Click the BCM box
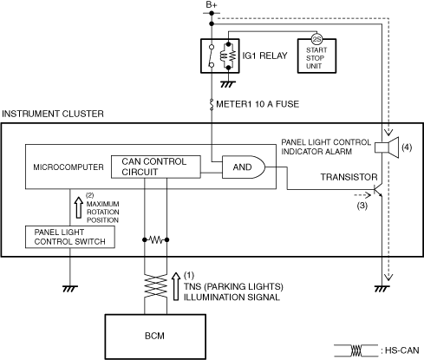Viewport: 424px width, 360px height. pos(155,337)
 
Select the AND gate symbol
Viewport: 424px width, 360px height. pos(244,167)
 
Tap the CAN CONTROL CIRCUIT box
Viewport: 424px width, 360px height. pos(156,167)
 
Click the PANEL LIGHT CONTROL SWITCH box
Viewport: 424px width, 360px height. pos(70,237)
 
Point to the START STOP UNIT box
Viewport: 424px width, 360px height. pos(316,56)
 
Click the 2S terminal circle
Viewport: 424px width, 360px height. pos(316,40)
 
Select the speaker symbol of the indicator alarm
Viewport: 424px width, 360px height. pos(387,147)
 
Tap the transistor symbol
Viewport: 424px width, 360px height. pos(378,190)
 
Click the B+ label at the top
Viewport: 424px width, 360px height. pos(212,5)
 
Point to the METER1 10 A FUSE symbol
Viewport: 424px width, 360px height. pos(212,104)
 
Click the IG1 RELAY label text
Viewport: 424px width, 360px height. pos(264,56)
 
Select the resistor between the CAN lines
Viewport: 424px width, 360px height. pos(155,239)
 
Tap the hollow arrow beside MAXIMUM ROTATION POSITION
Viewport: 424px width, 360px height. pos(79,207)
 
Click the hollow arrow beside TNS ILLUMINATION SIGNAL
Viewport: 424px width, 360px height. pos(176,286)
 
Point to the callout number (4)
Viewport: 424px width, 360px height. pos(407,147)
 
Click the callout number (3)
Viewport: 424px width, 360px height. pos(362,206)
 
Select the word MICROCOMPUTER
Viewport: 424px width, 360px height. pos(68,167)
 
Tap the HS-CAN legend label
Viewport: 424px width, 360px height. pos(402,350)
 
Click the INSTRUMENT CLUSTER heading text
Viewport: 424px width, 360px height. pos(53,114)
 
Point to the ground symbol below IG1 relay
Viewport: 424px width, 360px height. pos(228,84)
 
